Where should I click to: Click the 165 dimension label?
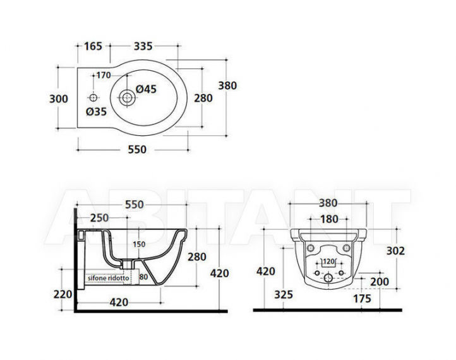[x=93, y=46]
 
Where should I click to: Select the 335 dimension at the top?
[x=143, y=46]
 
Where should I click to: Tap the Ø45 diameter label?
[x=147, y=89]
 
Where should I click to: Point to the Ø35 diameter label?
[x=96, y=111]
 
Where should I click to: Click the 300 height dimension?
[x=59, y=99]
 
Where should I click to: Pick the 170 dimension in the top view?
[x=104, y=75]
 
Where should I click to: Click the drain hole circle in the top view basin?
[x=127, y=97]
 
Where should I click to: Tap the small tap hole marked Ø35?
[x=93, y=97]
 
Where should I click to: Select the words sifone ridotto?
[x=109, y=279]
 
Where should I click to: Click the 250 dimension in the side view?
[x=99, y=218]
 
